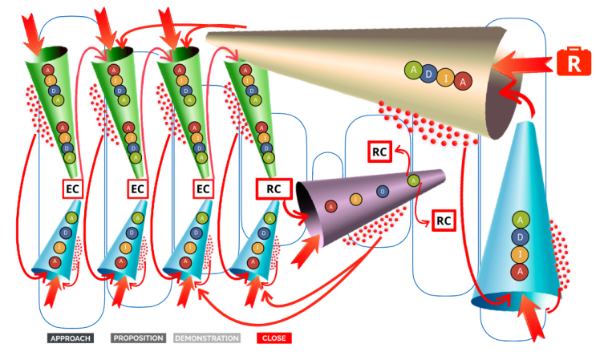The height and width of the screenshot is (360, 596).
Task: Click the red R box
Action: pyautogui.click(x=574, y=64)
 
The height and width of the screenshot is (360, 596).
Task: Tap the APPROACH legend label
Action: pyautogui.click(x=70, y=338)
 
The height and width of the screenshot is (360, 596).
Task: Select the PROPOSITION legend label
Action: pyautogui.click(x=138, y=338)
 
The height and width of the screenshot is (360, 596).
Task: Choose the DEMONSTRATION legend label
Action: pyautogui.click(x=207, y=338)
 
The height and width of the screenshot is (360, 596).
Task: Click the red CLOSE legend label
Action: pyautogui.click(x=274, y=338)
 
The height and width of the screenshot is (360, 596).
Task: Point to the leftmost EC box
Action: pyautogui.click(x=73, y=189)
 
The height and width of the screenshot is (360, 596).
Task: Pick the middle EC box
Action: pyautogui.click(x=138, y=189)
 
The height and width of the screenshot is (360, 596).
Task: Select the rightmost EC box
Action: pyautogui.click(x=204, y=189)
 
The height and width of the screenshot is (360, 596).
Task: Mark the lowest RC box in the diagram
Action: pyautogui.click(x=444, y=219)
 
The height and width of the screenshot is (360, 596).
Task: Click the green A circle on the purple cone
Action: pyautogui.click(x=413, y=180)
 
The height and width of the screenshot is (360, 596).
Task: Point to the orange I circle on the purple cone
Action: pyautogui.click(x=356, y=198)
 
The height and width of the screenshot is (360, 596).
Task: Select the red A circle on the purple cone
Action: pyautogui.click(x=330, y=207)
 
